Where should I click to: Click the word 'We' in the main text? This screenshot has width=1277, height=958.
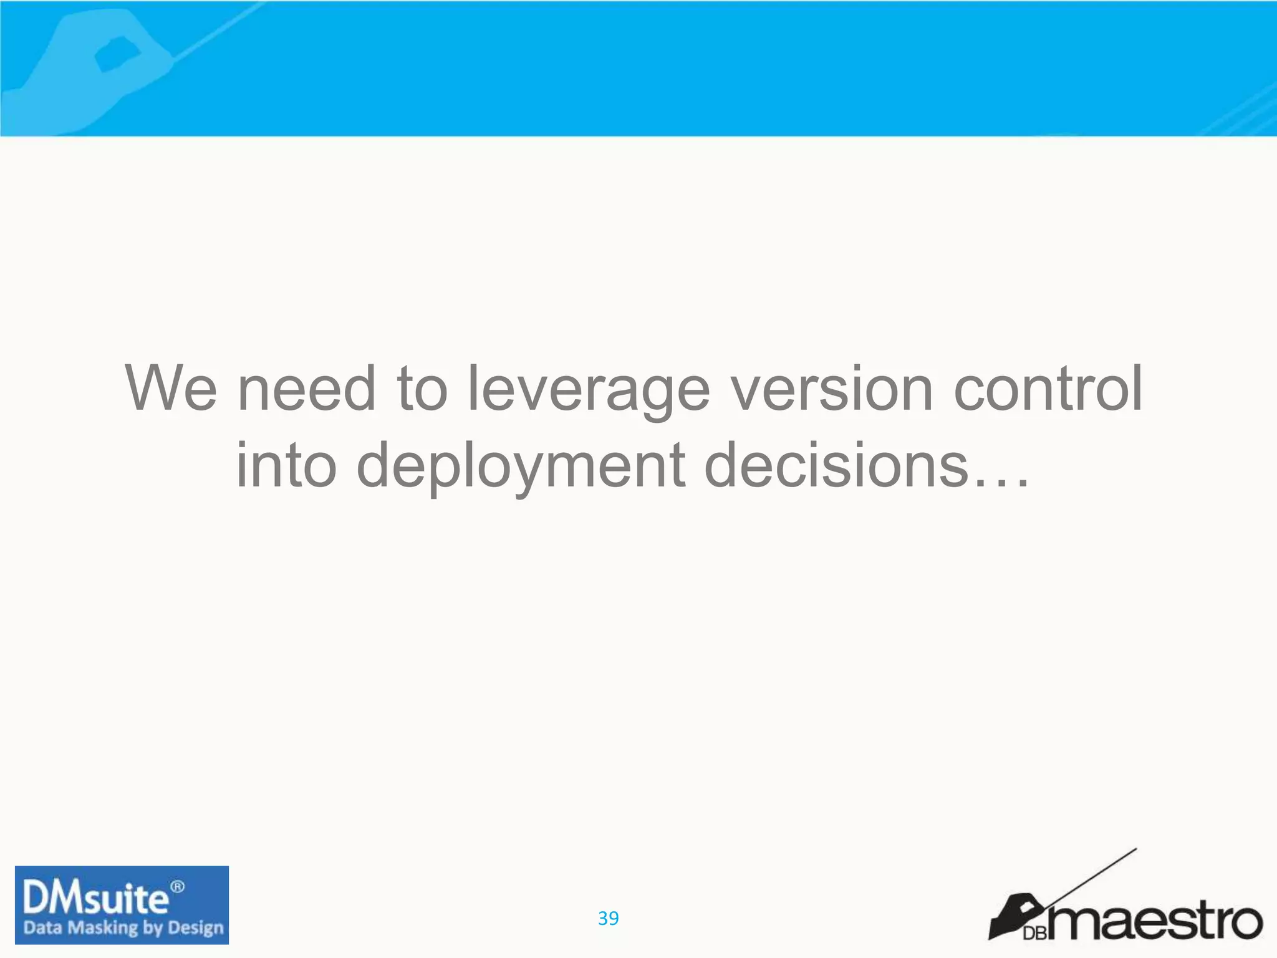pyautogui.click(x=171, y=389)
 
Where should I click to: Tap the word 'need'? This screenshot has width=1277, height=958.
pyautogui.click(x=307, y=389)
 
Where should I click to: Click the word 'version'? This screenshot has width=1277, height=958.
pyautogui.click(x=832, y=389)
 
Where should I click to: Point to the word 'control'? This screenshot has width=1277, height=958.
pyautogui.click(x=1049, y=389)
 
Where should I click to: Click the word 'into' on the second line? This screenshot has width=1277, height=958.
pyautogui.click(x=286, y=465)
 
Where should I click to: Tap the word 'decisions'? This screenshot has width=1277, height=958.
pyautogui.click(x=836, y=465)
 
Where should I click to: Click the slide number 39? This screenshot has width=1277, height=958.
pyautogui.click(x=608, y=918)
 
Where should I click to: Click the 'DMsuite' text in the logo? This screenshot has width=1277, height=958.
pyautogui.click(x=95, y=899)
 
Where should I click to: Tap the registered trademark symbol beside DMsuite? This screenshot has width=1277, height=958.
pyautogui.click(x=178, y=886)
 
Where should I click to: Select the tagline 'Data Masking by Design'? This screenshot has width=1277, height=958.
pyautogui.click(x=123, y=927)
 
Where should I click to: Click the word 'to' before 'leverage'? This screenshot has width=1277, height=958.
pyautogui.click(x=422, y=389)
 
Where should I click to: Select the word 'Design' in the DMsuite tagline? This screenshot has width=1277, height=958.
pyautogui.click(x=195, y=928)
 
